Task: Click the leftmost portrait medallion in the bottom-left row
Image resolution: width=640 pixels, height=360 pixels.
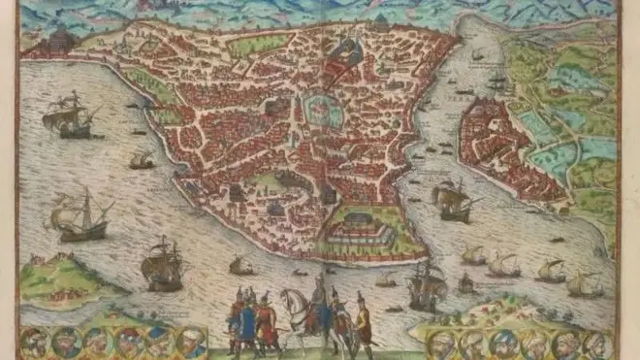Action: coord(34,341)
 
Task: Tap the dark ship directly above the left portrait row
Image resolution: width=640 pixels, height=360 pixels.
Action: coord(161,263)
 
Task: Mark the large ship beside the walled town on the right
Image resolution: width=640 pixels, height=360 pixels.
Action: coord(452,201)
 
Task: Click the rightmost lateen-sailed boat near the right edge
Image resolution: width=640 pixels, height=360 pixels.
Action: coord(585,284)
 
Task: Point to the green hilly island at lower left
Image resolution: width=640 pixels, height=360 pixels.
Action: coord(58,278)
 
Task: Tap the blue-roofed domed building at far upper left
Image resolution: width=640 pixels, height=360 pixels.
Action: coord(60,41)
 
